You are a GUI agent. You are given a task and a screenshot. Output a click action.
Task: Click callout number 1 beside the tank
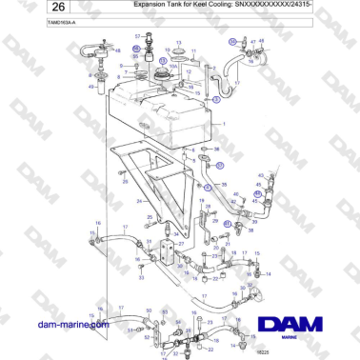coord(224,125)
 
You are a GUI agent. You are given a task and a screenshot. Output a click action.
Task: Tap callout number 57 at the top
coord(137,35)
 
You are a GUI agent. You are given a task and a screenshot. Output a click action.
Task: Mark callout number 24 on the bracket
coord(139,201)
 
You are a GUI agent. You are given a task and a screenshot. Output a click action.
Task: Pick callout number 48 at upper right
coord(262,41)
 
